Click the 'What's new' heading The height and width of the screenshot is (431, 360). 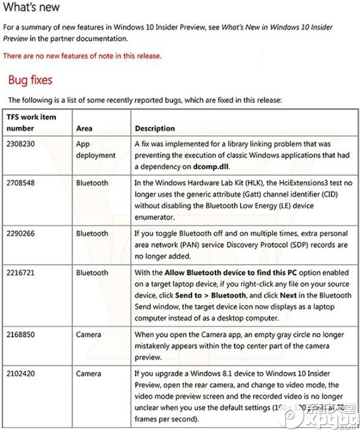click(x=32, y=8)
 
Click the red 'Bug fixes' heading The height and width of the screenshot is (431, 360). click(x=30, y=80)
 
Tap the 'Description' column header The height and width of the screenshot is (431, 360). click(x=155, y=128)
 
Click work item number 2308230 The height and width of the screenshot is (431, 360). click(x=21, y=143)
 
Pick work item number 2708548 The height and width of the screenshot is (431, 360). click(x=21, y=183)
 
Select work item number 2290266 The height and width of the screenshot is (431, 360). click(x=21, y=233)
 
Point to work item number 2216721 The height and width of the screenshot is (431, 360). click(x=21, y=272)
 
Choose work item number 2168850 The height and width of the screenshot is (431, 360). click(x=21, y=334)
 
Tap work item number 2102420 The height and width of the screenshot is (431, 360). click(x=21, y=373)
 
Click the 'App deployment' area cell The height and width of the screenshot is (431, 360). click(x=95, y=149)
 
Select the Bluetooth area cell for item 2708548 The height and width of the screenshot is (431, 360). click(x=92, y=183)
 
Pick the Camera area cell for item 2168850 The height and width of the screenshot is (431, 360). click(x=89, y=334)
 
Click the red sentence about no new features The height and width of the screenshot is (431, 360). click(x=82, y=56)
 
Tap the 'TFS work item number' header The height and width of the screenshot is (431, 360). click(x=31, y=123)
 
